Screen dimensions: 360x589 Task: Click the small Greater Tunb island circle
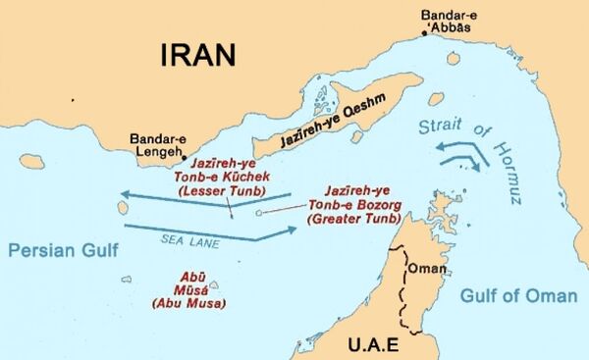258,211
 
